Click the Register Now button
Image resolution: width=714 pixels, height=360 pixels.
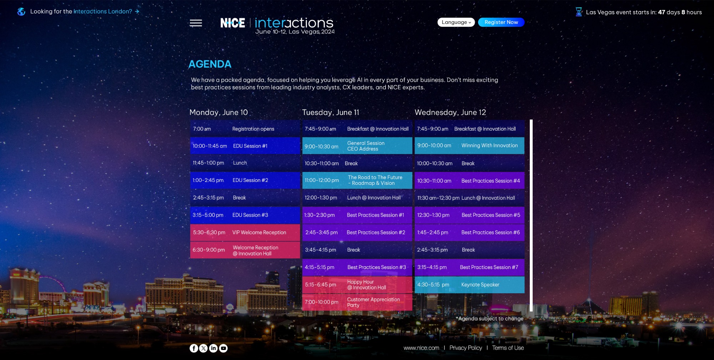coord(501,22)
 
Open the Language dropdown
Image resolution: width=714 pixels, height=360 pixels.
coord(456,22)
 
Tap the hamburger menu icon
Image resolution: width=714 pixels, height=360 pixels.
coord(196,23)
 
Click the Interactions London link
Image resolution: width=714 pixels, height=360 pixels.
coord(103,11)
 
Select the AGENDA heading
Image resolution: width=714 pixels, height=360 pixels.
coord(210,64)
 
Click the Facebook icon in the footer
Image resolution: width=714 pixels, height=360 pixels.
coord(193,348)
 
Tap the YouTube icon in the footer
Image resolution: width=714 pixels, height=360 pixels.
coord(223,348)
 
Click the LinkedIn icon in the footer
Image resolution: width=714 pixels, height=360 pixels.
coord(213,348)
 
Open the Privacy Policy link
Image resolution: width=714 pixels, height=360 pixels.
coord(466,348)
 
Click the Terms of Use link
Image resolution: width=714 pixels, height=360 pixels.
coord(508,348)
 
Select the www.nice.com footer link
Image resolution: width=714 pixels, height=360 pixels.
coord(421,348)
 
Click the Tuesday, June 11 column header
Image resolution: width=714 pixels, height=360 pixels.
coord(331,112)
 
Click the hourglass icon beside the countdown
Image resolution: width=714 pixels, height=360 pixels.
coord(579,12)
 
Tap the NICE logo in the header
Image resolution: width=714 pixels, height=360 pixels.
coord(233,23)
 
